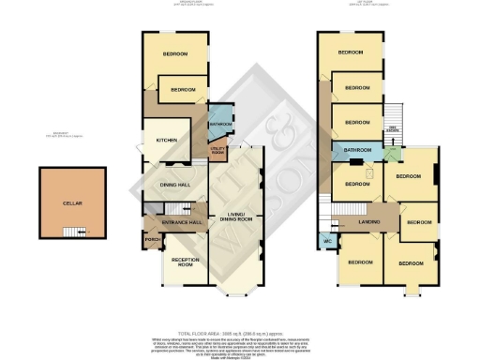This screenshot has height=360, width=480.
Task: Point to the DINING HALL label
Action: point(175,185)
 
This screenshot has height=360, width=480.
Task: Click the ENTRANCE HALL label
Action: point(183,222)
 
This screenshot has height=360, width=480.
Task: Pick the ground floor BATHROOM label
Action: point(220,124)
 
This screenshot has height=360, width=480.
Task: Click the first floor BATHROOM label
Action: point(357,150)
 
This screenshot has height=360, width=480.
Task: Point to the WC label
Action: point(327,241)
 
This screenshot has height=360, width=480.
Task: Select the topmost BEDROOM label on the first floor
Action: point(351,52)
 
